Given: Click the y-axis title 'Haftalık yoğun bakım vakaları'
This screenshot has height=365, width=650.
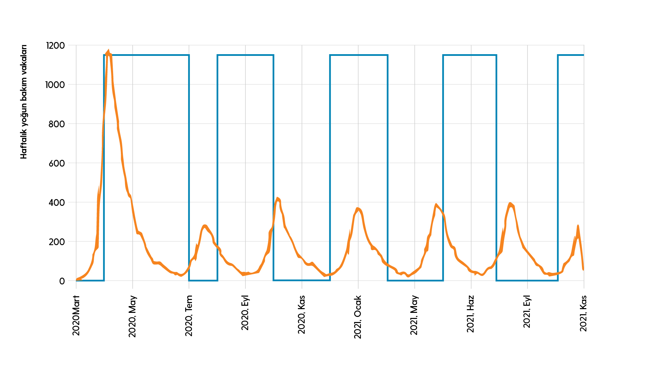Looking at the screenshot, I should click(23, 102).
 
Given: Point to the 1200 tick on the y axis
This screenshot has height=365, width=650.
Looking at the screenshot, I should click(55, 45).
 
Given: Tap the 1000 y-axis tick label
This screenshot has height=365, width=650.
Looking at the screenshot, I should click(55, 85).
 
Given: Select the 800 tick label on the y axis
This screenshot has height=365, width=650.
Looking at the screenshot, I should click(56, 124).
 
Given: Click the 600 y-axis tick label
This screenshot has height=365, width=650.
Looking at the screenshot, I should click(56, 163).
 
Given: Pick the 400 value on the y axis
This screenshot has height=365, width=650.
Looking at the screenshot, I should click(56, 202).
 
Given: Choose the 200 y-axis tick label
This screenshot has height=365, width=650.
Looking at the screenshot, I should click(56, 242).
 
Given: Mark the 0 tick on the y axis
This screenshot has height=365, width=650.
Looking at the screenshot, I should click(62, 281).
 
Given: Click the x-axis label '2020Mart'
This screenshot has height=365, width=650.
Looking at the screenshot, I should click(76, 315).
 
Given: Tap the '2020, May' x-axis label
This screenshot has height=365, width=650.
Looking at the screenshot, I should click(132, 317).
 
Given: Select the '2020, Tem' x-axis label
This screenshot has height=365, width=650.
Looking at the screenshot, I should click(189, 316).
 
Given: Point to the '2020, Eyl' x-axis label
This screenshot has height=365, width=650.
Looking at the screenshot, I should click(245, 313).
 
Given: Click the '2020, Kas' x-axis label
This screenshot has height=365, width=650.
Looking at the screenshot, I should click(302, 315).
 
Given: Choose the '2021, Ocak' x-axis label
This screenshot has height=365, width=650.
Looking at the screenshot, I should click(358, 317).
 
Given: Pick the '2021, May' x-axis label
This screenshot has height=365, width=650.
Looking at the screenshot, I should click(414, 315).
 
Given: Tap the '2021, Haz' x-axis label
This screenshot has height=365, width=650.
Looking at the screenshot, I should click(471, 314).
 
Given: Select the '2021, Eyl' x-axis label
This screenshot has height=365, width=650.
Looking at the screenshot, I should click(527, 312).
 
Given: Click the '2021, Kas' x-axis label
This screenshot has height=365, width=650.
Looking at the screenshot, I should click(583, 313).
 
